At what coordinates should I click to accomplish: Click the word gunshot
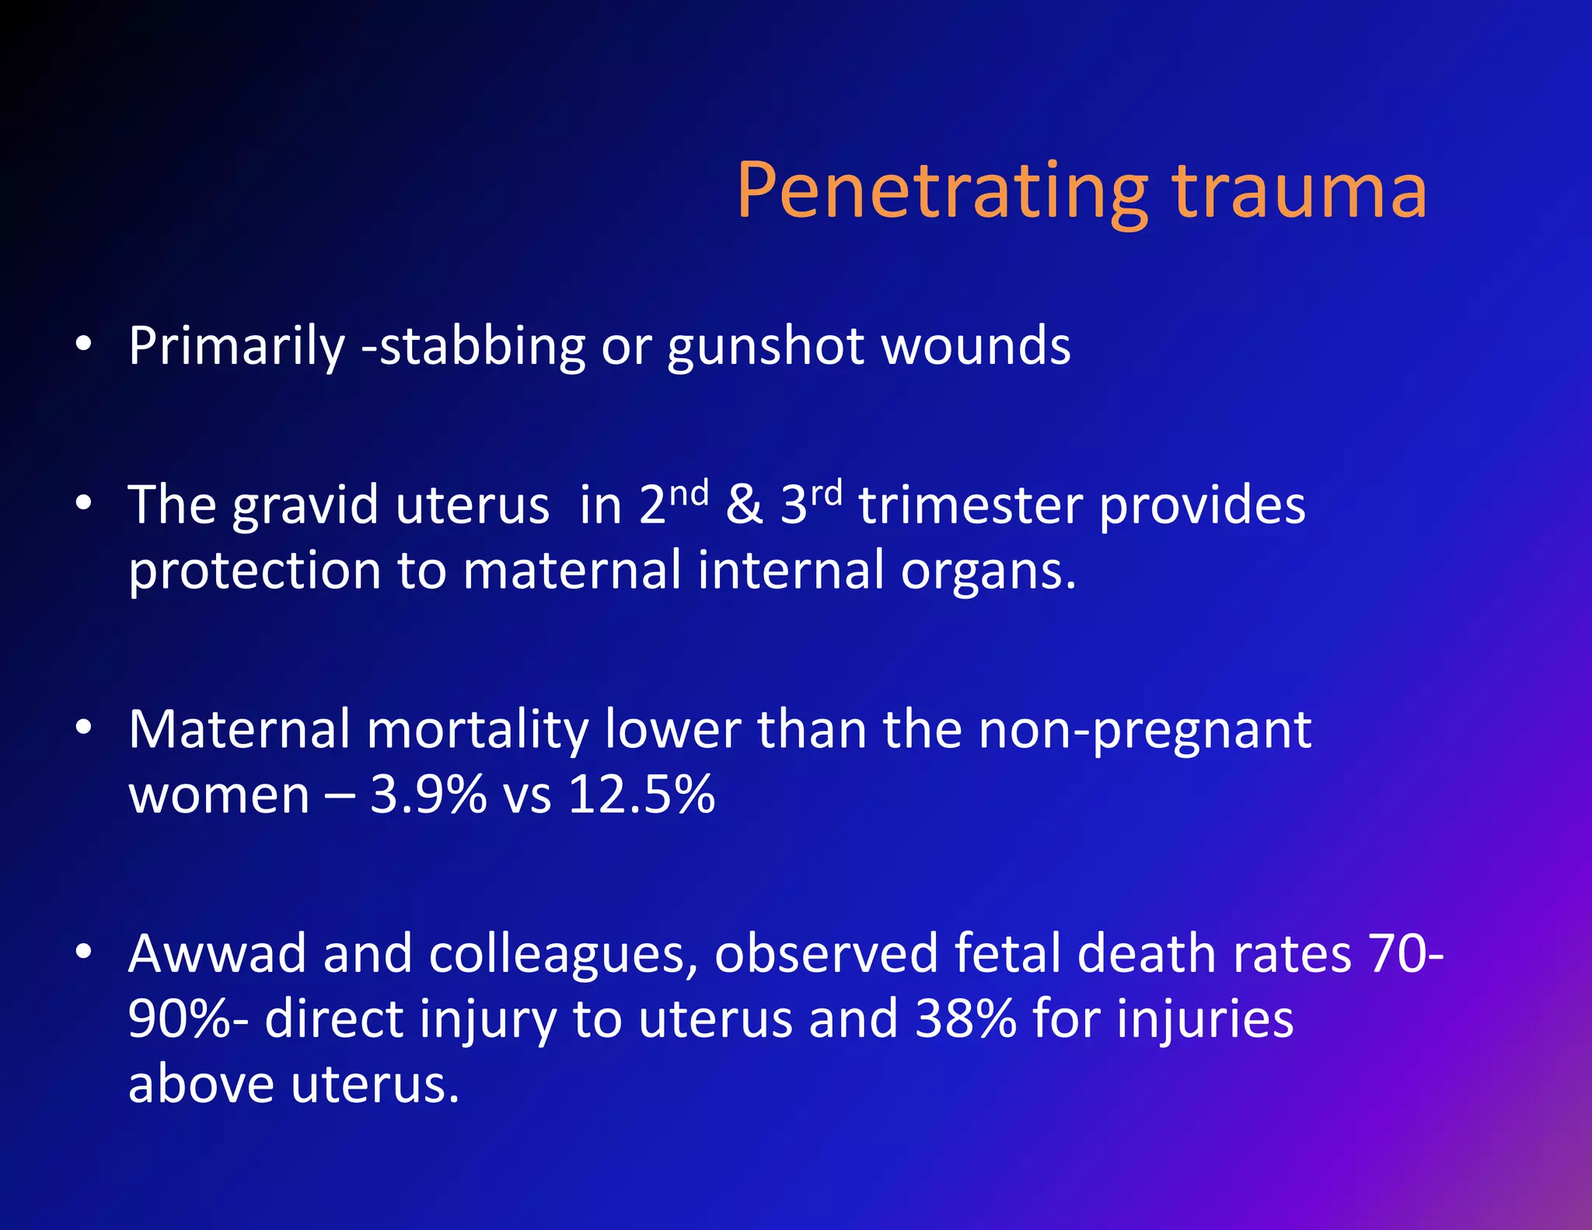click(766, 347)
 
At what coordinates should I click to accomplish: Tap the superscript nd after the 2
click(689, 493)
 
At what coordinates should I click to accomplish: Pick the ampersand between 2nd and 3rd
click(744, 505)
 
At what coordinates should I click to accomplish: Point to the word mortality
click(477, 730)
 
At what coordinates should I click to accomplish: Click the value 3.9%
click(428, 795)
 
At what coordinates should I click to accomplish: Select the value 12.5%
click(641, 795)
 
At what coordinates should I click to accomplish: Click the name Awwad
click(217, 954)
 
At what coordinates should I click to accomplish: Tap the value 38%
click(965, 1019)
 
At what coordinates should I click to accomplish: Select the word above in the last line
click(201, 1084)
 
